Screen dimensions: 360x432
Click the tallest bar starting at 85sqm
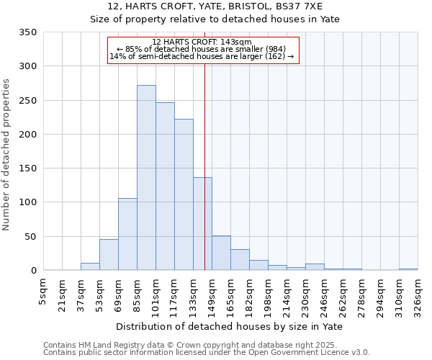146,178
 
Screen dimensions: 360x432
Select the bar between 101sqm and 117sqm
165,186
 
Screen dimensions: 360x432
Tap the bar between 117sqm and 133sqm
184,194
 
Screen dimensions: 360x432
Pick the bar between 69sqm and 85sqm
127,234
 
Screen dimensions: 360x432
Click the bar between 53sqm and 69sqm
109,255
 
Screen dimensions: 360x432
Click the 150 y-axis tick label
28,168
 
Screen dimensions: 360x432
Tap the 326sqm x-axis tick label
418,296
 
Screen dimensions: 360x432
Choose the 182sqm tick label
249,296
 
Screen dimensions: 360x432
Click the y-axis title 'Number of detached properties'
6,155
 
